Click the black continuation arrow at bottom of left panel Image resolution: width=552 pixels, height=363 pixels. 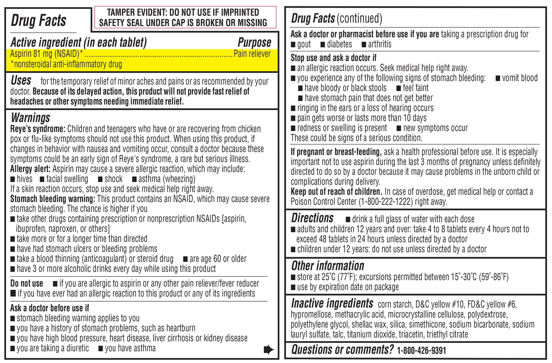point(269,349)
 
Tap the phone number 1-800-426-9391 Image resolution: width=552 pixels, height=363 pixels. point(421,350)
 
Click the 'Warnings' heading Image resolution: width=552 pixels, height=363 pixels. point(30,118)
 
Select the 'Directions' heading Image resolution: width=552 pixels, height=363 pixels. point(312,218)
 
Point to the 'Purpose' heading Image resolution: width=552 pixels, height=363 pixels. point(254,43)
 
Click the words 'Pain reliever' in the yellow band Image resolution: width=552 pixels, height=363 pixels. point(252,54)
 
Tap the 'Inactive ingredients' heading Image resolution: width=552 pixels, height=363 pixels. point(332,304)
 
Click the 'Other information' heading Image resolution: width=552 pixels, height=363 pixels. point(327,266)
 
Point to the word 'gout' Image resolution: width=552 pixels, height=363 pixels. point(304,44)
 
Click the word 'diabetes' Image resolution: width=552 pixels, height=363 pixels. point(339,44)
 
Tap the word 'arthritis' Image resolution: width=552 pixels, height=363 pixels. point(379,44)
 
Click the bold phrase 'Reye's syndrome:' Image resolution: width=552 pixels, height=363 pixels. point(38,129)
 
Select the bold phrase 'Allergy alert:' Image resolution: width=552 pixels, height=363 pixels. point(30,169)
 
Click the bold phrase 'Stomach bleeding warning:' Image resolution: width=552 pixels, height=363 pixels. point(53,199)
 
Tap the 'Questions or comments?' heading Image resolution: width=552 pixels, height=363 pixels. point(342,350)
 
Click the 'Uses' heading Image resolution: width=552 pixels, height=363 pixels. point(21,80)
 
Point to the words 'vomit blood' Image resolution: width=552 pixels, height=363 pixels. point(520,78)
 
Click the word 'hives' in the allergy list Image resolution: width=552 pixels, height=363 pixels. point(24,179)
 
